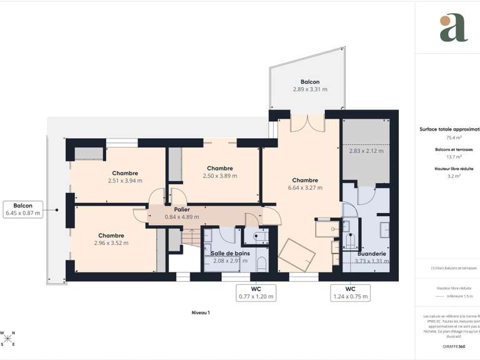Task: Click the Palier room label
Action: tap(172, 209)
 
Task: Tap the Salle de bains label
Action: tap(230, 253)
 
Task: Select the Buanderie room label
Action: tap(371, 254)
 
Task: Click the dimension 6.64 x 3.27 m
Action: tap(305, 187)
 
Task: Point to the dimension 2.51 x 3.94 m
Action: tap(125, 181)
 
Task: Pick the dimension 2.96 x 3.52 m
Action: tap(111, 243)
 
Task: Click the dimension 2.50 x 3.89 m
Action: tap(220, 176)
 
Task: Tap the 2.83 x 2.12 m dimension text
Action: tap(366, 151)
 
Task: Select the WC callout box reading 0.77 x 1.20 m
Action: tap(256, 292)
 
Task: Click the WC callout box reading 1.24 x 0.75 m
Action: tap(350, 292)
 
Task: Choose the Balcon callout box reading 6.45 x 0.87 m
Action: tap(23, 209)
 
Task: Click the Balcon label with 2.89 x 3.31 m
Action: tap(310, 86)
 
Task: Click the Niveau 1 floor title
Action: tap(201, 312)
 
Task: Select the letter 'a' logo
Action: tap(453, 28)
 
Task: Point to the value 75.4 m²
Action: tap(454, 137)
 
